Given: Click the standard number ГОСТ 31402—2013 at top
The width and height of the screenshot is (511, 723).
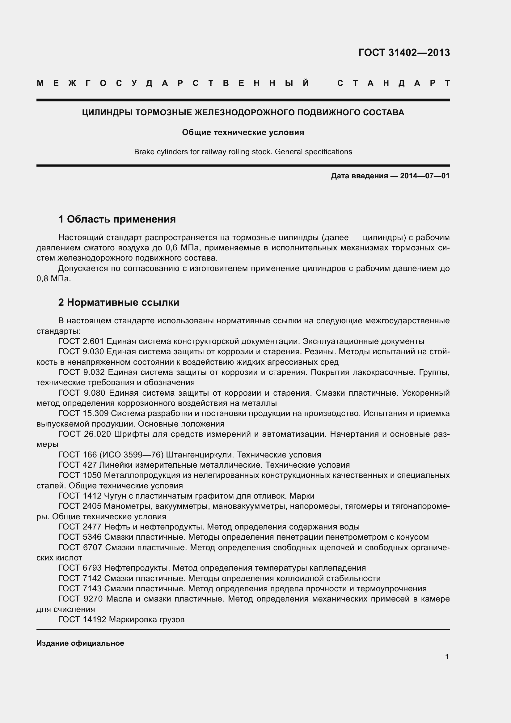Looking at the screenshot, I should pyautogui.click(x=404, y=53).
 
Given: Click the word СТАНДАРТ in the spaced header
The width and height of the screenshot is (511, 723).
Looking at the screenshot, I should pyautogui.click(x=393, y=83).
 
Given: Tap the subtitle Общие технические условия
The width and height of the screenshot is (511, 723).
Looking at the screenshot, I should pyautogui.click(x=243, y=132).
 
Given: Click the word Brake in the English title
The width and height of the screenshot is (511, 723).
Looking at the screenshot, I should pyautogui.click(x=143, y=152).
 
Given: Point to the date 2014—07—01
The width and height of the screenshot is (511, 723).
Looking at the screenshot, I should pyautogui.click(x=425, y=176).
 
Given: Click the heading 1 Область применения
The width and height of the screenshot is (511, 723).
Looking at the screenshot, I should pyautogui.click(x=117, y=219).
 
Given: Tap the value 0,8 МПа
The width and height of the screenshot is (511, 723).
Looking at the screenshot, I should pyautogui.click(x=53, y=279).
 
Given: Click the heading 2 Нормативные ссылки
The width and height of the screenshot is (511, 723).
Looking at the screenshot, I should pyautogui.click(x=119, y=302).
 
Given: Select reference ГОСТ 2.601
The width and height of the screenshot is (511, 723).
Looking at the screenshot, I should pyautogui.click(x=81, y=341).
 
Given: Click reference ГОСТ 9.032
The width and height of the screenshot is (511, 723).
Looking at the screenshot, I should pyautogui.click(x=82, y=372).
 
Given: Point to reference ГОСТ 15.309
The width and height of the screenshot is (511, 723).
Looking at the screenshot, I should pyautogui.click(x=83, y=413).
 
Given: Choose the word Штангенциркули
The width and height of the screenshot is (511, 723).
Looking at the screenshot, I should pyautogui.click(x=199, y=455).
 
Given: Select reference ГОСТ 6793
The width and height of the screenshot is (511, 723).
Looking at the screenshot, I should pyautogui.click(x=80, y=568).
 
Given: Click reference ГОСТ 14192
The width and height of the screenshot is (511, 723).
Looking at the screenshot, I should pyautogui.click(x=82, y=620).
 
